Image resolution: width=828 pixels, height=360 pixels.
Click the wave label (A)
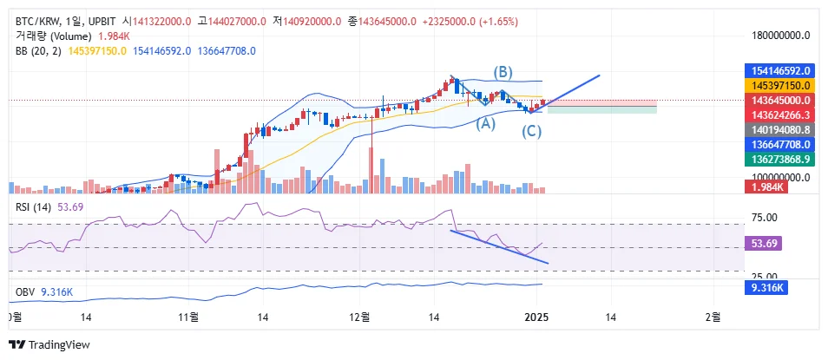[x=486, y=123]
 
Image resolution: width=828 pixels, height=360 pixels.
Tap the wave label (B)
[x=503, y=71]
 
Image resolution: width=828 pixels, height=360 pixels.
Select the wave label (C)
[x=532, y=132]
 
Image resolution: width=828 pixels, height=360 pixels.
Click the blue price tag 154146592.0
[x=779, y=70]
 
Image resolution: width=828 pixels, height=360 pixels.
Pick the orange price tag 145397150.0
[x=779, y=85]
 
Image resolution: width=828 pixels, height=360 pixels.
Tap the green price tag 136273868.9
[x=779, y=159]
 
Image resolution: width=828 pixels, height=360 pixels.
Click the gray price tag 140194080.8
[x=779, y=129]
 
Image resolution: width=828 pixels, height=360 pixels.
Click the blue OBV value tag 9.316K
[x=767, y=287]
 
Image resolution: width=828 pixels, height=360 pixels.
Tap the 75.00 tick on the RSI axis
[x=765, y=218]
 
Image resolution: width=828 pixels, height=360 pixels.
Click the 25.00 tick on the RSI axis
[x=765, y=275]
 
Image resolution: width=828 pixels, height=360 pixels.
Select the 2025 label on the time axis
[x=537, y=317]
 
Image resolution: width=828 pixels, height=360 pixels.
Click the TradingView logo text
[x=59, y=345]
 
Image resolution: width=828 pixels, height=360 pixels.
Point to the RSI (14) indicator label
[x=34, y=206]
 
